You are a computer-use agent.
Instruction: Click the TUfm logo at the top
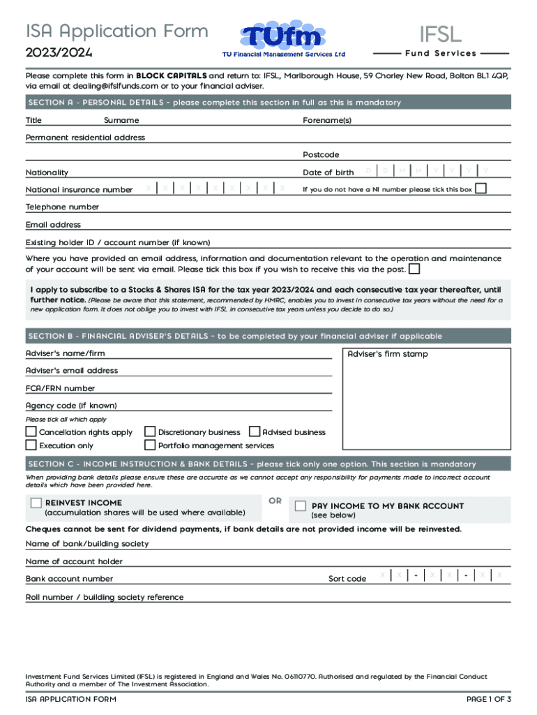[282, 40]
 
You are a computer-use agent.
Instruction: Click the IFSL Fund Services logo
[440, 40]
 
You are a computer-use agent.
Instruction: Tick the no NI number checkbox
[481, 189]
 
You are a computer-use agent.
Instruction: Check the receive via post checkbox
[414, 269]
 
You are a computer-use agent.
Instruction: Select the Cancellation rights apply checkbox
[31, 432]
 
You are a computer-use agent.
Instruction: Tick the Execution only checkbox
[31, 445]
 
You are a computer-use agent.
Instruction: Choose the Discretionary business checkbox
[150, 432]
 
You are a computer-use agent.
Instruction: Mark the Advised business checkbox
[255, 432]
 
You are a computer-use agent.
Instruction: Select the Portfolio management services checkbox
[150, 445]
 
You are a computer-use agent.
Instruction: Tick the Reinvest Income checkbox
[36, 503]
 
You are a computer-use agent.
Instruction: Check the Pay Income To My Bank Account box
[301, 506]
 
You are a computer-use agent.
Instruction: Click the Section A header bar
[268, 103]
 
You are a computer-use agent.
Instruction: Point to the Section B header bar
[268, 336]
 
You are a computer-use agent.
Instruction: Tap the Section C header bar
[268, 464]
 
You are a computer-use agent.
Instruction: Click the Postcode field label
[321, 154]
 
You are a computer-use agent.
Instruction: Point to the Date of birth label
[328, 172]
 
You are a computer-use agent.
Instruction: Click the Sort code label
[347, 579]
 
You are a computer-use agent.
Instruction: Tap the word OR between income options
[275, 501]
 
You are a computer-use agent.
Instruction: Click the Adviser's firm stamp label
[388, 354]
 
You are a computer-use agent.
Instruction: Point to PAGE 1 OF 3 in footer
[488, 699]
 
